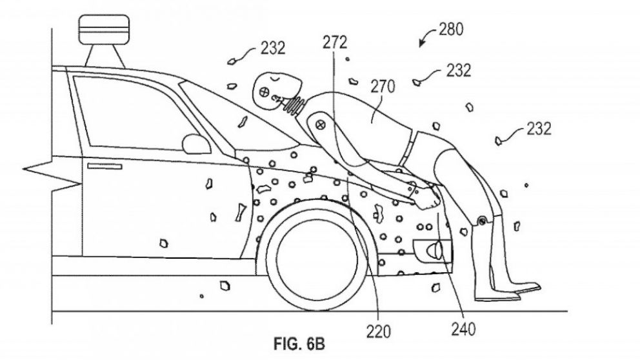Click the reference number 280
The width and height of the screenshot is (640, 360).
pos(451,30)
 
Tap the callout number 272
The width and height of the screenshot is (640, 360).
pos(335,43)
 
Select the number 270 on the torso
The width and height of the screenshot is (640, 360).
pos(383,86)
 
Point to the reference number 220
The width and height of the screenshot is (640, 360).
pos(378,332)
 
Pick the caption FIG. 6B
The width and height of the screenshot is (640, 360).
pos(299,344)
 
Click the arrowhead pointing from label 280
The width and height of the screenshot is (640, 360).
pos(422,43)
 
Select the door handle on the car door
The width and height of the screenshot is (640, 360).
pos(105,166)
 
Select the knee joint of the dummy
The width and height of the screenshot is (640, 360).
pos(482,221)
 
